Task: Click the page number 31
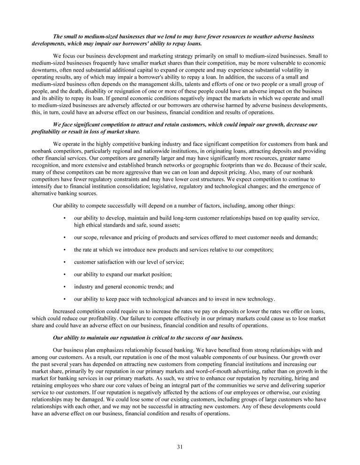point(180,446)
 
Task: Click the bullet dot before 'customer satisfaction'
point(63,262)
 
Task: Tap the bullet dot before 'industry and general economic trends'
point(63,287)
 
